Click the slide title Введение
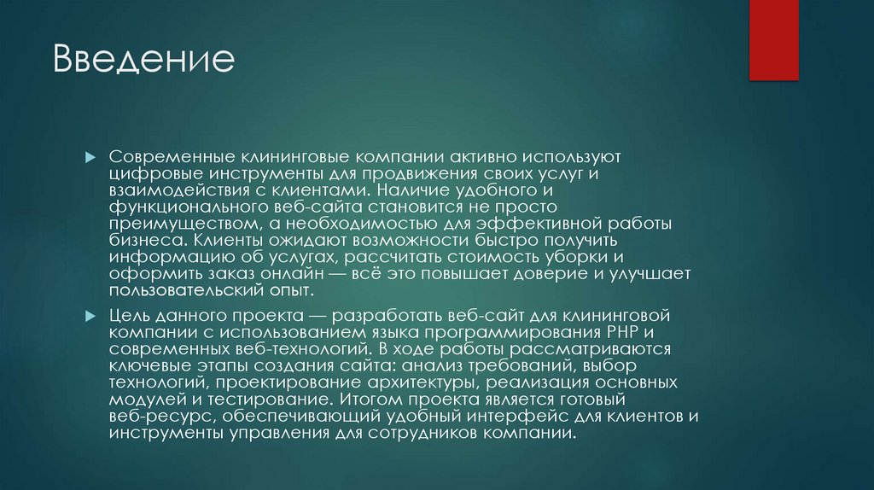tap(143, 61)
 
